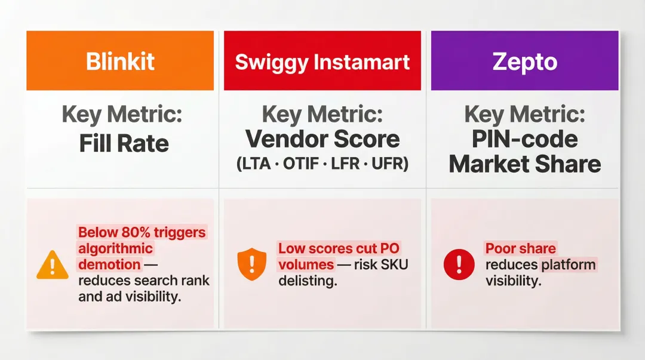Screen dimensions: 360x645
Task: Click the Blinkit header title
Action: coord(120,61)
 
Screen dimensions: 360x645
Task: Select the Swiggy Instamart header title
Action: coord(322,62)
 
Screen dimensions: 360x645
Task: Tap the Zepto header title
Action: coord(525,62)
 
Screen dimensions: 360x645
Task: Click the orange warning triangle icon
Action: coord(53,264)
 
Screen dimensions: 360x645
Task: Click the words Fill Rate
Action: coord(124,143)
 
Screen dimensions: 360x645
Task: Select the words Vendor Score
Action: coord(322,139)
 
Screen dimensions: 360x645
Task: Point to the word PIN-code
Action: coord(525,139)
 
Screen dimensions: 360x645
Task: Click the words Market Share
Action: coord(525,164)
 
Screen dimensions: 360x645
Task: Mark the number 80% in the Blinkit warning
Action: coord(141,233)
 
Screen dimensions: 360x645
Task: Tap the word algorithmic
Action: coord(115,248)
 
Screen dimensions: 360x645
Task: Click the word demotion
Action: coord(109,264)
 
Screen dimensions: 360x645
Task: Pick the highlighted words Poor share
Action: coord(520,248)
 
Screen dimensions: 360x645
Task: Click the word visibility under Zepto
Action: coord(513,281)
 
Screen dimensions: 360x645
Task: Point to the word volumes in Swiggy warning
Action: coord(306,264)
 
